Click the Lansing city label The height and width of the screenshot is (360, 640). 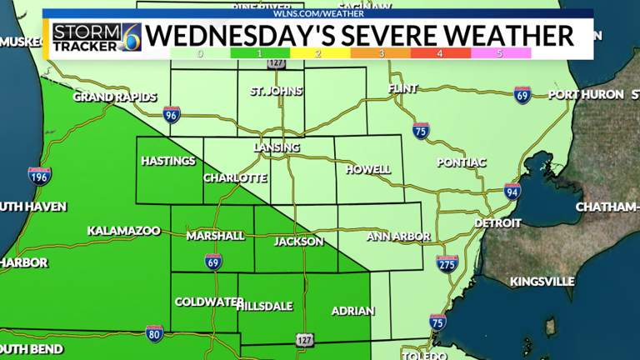tap(276, 147)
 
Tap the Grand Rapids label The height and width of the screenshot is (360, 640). tap(114, 97)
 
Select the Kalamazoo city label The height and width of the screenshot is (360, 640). tap(123, 231)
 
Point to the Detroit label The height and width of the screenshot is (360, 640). tap(497, 223)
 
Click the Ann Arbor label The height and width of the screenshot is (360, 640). tap(397, 237)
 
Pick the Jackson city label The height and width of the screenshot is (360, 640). tap(298, 242)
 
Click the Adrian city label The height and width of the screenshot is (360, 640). tap(353, 312)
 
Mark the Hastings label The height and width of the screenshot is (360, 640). tap(167, 161)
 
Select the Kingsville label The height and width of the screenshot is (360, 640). tap(542, 282)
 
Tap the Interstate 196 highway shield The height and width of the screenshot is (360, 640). tap(39, 176)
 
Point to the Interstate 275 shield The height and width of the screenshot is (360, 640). tap(447, 263)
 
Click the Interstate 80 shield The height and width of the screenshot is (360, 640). tap(153, 332)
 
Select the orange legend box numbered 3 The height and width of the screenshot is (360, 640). tap(381, 52)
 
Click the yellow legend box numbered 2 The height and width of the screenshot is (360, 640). tap(321, 52)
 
